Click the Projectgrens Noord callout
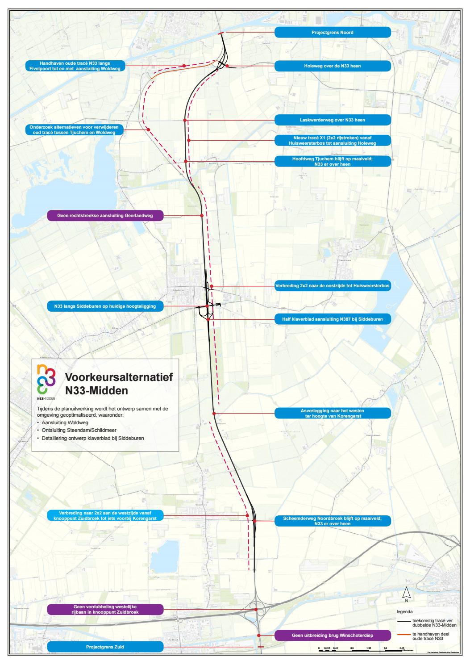(x=333, y=33)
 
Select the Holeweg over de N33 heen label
(x=333, y=66)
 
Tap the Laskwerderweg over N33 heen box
(x=333, y=120)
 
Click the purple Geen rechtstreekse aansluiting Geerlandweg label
(x=105, y=216)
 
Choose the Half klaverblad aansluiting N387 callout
(x=333, y=319)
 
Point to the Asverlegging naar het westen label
(x=333, y=413)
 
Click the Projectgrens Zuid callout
(x=105, y=646)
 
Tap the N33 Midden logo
(x=46, y=381)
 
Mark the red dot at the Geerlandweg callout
(x=202, y=216)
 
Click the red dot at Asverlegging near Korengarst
(x=214, y=414)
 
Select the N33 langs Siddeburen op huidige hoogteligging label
(x=105, y=306)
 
